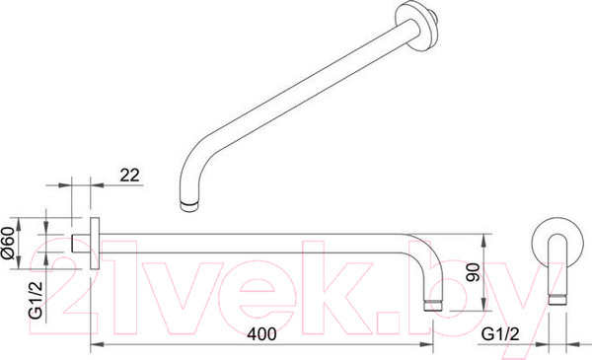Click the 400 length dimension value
(261, 334)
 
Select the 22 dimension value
(129, 176)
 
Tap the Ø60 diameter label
(8, 244)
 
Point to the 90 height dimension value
(473, 272)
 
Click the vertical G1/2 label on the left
(36, 301)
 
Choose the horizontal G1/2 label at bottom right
(500, 334)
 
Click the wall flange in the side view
(95, 244)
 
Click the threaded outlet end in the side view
(433, 306)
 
